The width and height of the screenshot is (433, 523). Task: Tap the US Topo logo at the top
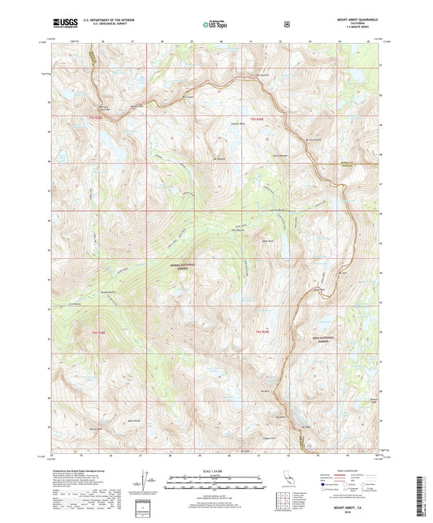click(x=215, y=24)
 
